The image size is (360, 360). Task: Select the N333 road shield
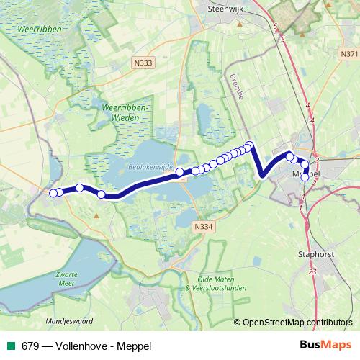pyautogui.click(x=143, y=63)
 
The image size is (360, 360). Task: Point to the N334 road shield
pyautogui.click(x=204, y=227)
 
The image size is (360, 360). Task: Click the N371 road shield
pyautogui.click(x=348, y=54)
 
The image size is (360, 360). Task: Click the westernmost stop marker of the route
pyautogui.click(x=53, y=192)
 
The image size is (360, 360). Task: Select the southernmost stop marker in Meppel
pyautogui.click(x=305, y=177)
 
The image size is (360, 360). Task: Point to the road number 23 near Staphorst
pyautogui.click(x=311, y=271)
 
